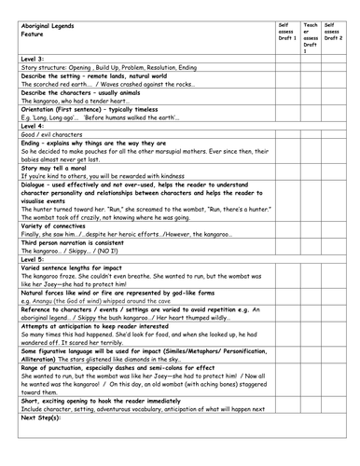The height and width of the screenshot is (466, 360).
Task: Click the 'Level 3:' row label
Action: point(33,58)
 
